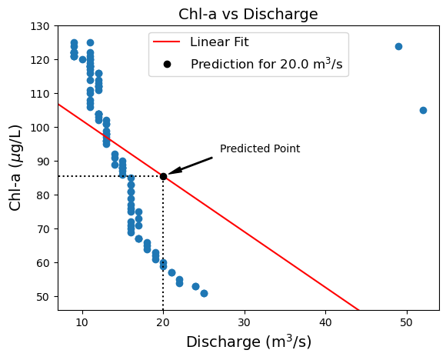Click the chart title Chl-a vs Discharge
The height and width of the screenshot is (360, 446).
point(248,14)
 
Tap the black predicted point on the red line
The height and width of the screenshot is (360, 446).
point(163,176)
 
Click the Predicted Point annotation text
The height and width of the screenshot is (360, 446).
point(260,148)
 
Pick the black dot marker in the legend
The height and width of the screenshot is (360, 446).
point(168,65)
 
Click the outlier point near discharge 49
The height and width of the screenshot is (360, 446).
point(399,46)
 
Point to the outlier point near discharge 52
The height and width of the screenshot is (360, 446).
point(423,111)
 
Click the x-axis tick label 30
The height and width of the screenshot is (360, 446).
point(244,323)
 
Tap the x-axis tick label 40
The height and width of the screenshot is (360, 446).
point(325,323)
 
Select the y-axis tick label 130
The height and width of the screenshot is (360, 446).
point(40,26)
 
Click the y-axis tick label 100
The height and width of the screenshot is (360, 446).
point(40,128)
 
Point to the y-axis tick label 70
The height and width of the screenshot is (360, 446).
point(43,228)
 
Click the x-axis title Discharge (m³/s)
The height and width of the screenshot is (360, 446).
point(249,342)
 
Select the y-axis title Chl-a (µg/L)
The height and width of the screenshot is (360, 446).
point(15,168)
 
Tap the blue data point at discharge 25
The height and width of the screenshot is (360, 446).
point(204,293)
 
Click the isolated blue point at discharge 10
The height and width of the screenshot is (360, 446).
point(82,59)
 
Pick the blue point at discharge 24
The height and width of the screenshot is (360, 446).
point(195,287)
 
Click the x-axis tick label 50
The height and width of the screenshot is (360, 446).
point(406,323)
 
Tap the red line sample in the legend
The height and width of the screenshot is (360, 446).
point(166,42)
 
